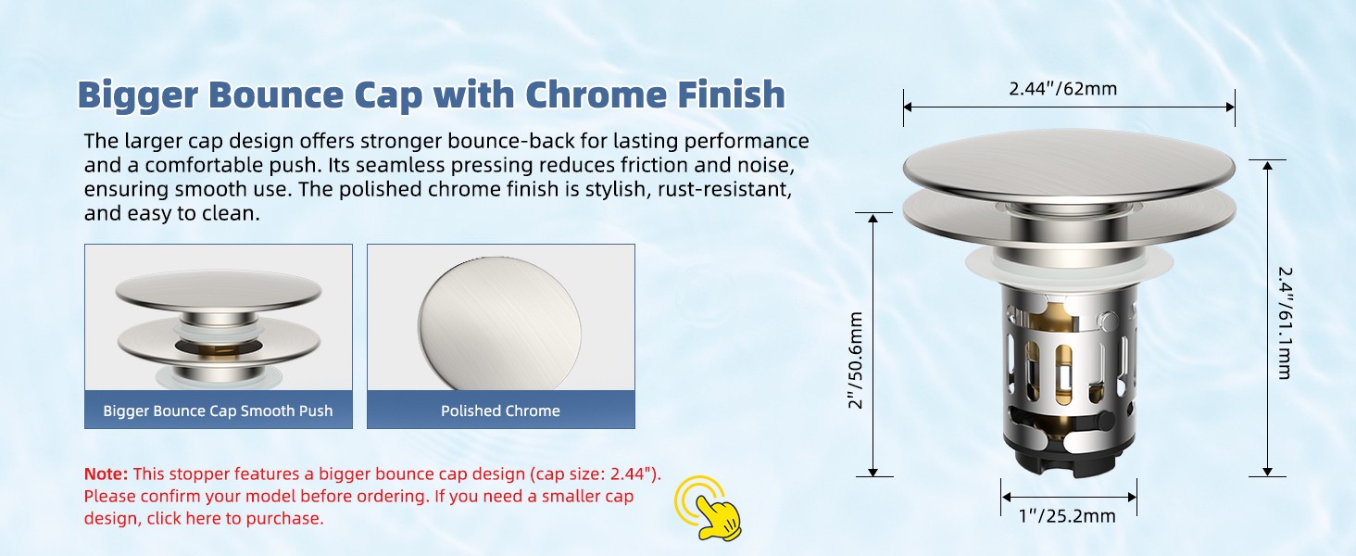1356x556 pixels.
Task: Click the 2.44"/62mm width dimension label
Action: point(1062,89)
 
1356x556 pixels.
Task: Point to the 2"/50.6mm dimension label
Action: point(855,360)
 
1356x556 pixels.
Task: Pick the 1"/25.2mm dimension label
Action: point(1067,516)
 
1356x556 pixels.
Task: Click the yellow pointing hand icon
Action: point(709,509)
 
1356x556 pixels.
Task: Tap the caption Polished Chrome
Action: point(500,411)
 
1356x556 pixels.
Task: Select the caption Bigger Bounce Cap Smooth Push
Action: point(218,411)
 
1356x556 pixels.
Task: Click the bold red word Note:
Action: point(106,474)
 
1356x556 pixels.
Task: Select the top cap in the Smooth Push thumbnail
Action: point(218,291)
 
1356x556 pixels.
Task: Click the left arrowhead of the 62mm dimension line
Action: point(908,107)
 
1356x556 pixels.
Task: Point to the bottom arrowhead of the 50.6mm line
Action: point(873,473)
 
